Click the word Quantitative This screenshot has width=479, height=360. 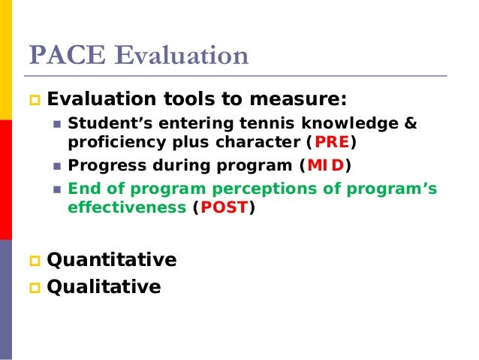coord(111,260)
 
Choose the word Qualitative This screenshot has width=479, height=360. coord(104,286)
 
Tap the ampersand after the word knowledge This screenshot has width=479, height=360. coord(410,123)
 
